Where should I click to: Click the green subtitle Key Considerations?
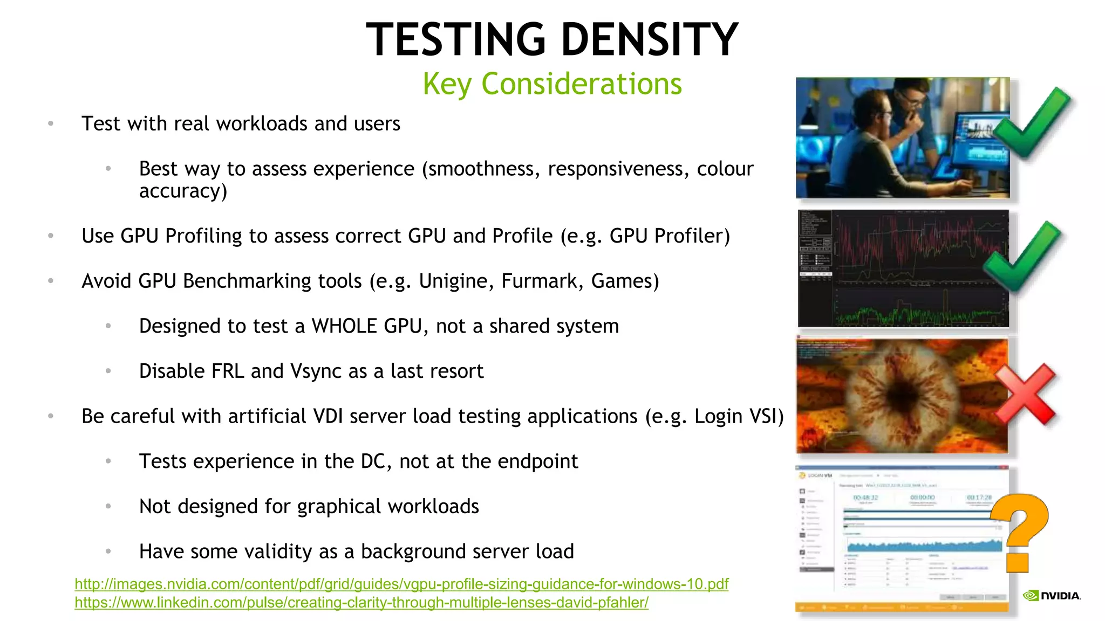pyautogui.click(x=552, y=84)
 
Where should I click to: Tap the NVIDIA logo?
pyautogui.click(x=1052, y=596)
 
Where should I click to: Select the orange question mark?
pyautogui.click(x=1020, y=531)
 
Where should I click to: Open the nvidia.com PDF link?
pyautogui.click(x=401, y=584)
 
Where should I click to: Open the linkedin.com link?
pyautogui.click(x=361, y=603)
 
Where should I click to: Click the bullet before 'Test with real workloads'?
pyautogui.click(x=51, y=124)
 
